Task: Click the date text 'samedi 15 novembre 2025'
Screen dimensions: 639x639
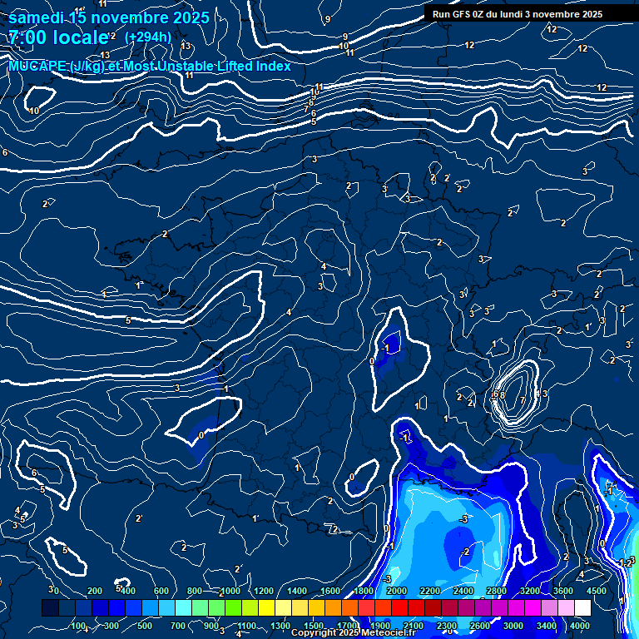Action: point(108,17)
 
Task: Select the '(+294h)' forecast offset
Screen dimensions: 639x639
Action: point(148,37)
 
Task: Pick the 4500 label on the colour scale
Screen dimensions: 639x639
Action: point(596,591)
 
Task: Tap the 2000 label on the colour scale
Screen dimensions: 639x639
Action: point(396,591)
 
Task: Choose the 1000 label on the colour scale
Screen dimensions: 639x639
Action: point(230,591)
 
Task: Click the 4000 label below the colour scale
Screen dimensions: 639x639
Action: point(581,626)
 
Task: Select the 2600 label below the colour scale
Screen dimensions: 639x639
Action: point(480,626)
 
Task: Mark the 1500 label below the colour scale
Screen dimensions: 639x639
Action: point(314,626)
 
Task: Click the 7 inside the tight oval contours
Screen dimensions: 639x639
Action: point(523,400)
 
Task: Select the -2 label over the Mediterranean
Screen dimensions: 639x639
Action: point(467,552)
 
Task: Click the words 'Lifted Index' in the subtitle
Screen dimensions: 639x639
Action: point(254,67)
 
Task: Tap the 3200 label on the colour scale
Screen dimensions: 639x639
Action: point(529,591)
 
